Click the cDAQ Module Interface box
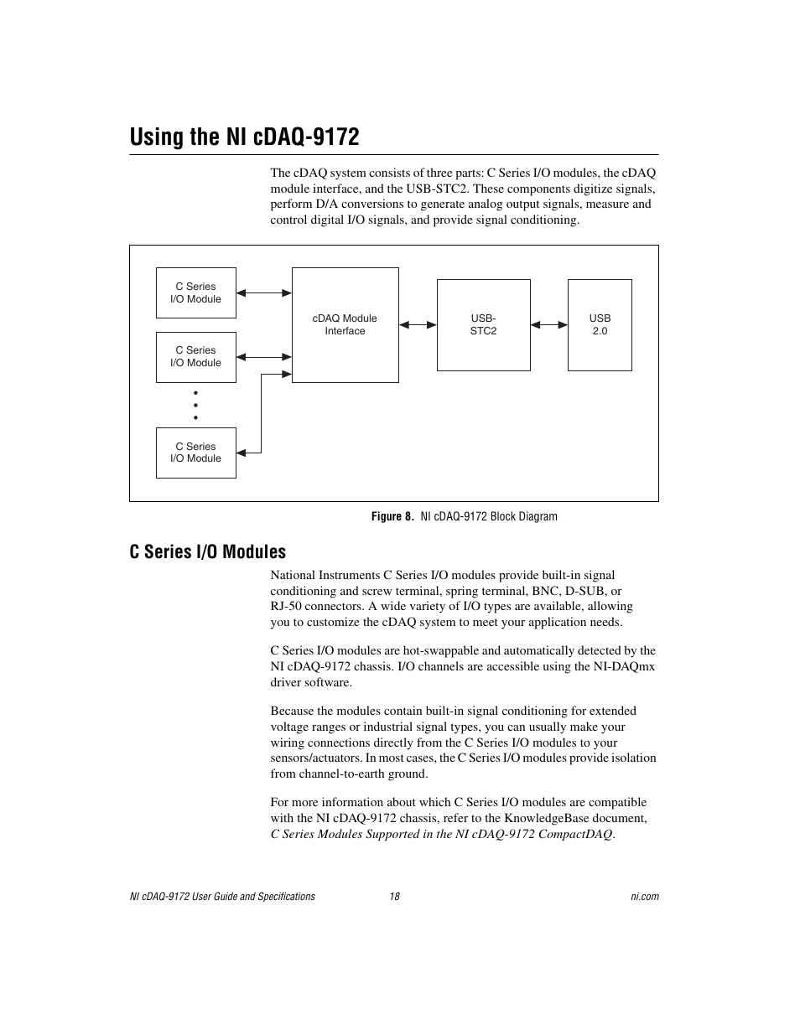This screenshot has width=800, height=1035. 345,325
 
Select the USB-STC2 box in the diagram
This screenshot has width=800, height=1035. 483,325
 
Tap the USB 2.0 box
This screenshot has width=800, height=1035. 600,325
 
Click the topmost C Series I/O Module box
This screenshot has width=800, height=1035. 195,292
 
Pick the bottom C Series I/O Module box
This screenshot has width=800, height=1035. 195,453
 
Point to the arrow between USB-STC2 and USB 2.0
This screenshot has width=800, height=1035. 549,325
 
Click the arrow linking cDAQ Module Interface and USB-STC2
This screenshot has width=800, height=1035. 418,325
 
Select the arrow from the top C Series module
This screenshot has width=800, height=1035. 264,293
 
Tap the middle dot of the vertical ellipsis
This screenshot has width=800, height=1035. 195,405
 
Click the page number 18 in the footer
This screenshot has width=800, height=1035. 394,897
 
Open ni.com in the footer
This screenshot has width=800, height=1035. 645,897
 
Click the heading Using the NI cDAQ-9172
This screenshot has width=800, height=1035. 244,137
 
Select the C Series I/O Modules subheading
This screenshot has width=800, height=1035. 207,551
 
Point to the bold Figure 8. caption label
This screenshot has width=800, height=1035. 392,516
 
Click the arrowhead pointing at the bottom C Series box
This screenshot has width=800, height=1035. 242,453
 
